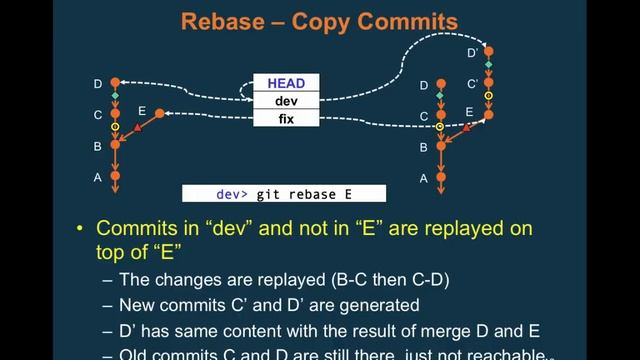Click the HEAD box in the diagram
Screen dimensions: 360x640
[x=286, y=84]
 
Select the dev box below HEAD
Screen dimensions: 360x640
[x=286, y=101]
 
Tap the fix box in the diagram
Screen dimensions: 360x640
[x=286, y=118]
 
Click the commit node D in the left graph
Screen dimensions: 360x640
[x=116, y=83]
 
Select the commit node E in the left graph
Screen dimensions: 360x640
[x=160, y=115]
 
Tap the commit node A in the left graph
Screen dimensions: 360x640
[x=116, y=177]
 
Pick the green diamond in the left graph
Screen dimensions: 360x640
[x=116, y=97]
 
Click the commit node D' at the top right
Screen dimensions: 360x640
[x=489, y=51]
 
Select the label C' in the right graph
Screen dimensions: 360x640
[x=471, y=84]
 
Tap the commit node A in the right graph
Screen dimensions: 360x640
[x=441, y=177]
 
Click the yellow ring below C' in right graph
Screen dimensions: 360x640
[x=489, y=97]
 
